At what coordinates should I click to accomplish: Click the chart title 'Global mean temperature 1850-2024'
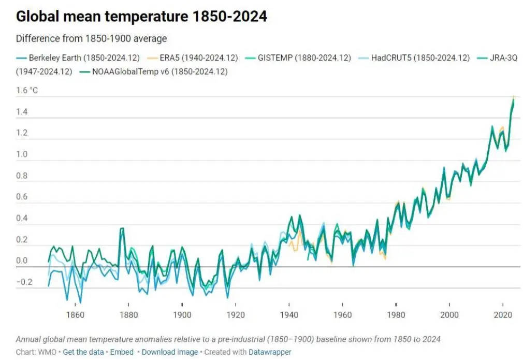pyautogui.click(x=141, y=17)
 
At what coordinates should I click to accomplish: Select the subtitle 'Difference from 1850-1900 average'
pyautogui.click(x=91, y=39)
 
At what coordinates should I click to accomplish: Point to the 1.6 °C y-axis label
pyautogui.click(x=27, y=91)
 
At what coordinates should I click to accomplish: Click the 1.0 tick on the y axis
pyautogui.click(x=22, y=154)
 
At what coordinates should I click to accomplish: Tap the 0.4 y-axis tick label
pyautogui.click(x=22, y=218)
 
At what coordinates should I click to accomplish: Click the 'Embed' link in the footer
pyautogui.click(x=122, y=352)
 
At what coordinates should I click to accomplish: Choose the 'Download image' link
pyautogui.click(x=169, y=352)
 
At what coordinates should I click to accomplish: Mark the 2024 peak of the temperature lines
pyautogui.click(x=513, y=98)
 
